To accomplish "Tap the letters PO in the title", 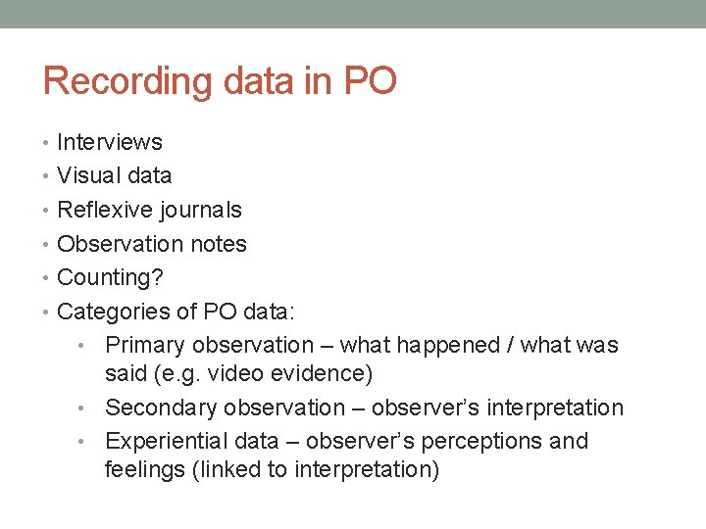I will coord(369,80).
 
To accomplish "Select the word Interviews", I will coord(110,142).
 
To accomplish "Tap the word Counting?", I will coord(111,278).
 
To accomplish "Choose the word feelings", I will coord(146,469).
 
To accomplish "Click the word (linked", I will coord(229,469).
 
